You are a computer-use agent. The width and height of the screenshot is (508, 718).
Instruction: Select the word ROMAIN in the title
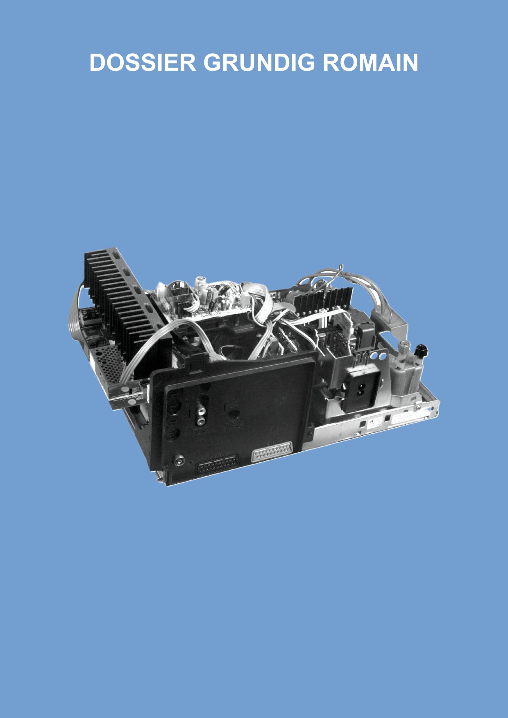click(370, 63)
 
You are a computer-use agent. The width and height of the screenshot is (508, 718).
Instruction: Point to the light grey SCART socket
click(273, 452)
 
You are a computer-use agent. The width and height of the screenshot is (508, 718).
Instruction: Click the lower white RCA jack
click(201, 420)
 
